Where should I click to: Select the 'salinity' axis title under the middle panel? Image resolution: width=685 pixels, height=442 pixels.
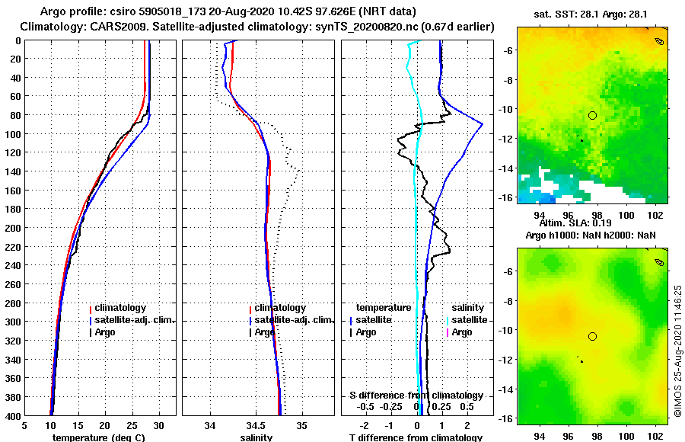256,437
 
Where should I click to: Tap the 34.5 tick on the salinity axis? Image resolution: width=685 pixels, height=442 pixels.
256,425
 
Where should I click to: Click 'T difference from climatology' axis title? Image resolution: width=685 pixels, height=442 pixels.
416,437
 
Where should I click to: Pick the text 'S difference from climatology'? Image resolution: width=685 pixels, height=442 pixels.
416,396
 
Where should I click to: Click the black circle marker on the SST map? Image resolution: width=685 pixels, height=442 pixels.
592,115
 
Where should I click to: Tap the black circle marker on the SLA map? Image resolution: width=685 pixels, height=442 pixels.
592,336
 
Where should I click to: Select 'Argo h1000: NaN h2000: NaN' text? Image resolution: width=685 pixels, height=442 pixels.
591,235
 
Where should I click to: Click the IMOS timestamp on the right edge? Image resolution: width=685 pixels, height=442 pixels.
677,351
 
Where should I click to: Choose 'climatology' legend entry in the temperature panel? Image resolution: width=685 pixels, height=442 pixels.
121,308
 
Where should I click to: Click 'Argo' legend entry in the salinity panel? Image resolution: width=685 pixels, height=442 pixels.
265,332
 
